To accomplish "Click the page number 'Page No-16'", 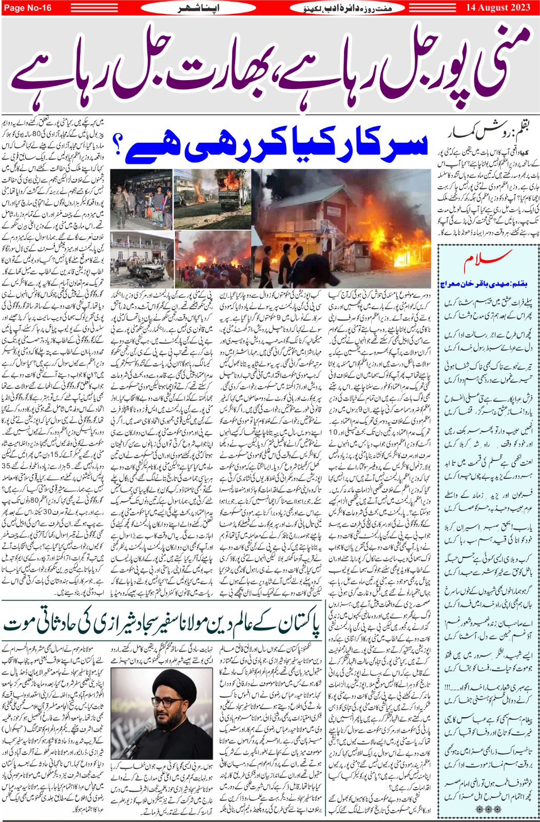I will [28, 8].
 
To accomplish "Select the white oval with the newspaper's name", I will [350, 8].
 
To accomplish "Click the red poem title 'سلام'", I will [488, 263].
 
